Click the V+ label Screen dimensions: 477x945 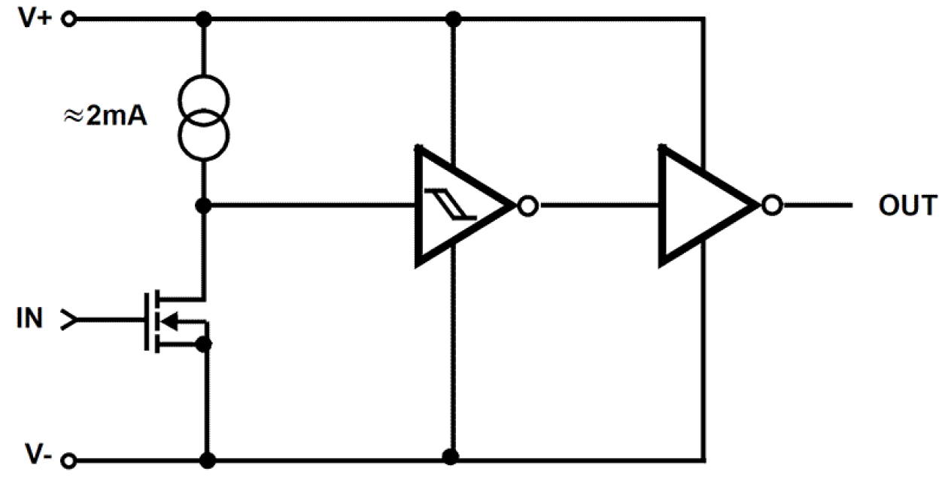tap(35, 18)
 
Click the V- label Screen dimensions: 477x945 tap(37, 454)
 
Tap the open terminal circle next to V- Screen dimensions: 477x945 tap(70, 459)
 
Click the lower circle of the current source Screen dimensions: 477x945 tap(204, 136)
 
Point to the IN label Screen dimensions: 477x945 tap(30, 320)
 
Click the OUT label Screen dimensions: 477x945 tap(907, 205)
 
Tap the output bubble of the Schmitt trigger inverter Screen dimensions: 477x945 tap(528, 205)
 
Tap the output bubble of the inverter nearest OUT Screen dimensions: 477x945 tap(771, 205)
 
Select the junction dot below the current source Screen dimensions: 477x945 tap(204, 204)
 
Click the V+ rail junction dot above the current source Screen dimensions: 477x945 tap(204, 18)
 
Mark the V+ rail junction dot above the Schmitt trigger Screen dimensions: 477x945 tap(451, 18)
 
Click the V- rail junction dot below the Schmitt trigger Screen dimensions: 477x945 tap(451, 457)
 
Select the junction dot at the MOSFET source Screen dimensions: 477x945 tap(203, 345)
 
